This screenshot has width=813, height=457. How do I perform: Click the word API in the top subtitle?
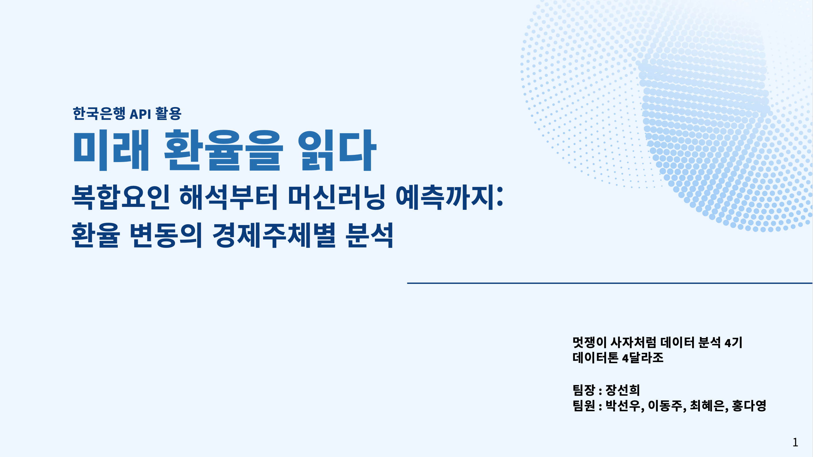point(140,114)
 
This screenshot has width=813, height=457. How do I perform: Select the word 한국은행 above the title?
point(99,114)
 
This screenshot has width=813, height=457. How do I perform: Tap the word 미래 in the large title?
point(111,150)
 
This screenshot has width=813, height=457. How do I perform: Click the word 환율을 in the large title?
point(223,150)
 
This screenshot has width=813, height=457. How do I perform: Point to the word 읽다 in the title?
point(337,150)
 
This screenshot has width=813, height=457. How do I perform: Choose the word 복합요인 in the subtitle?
point(121,197)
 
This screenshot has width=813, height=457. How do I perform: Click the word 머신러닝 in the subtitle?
point(336,197)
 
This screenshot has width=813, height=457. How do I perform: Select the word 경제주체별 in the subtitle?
point(274,235)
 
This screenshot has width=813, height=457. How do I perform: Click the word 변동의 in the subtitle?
point(166,235)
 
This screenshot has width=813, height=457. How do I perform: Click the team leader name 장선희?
point(623,390)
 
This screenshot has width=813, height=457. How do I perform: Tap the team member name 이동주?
point(665,405)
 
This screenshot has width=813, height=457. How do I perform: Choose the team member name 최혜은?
point(707,405)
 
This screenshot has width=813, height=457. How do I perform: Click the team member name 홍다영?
point(749,405)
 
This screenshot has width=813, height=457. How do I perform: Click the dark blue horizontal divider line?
point(610,283)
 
